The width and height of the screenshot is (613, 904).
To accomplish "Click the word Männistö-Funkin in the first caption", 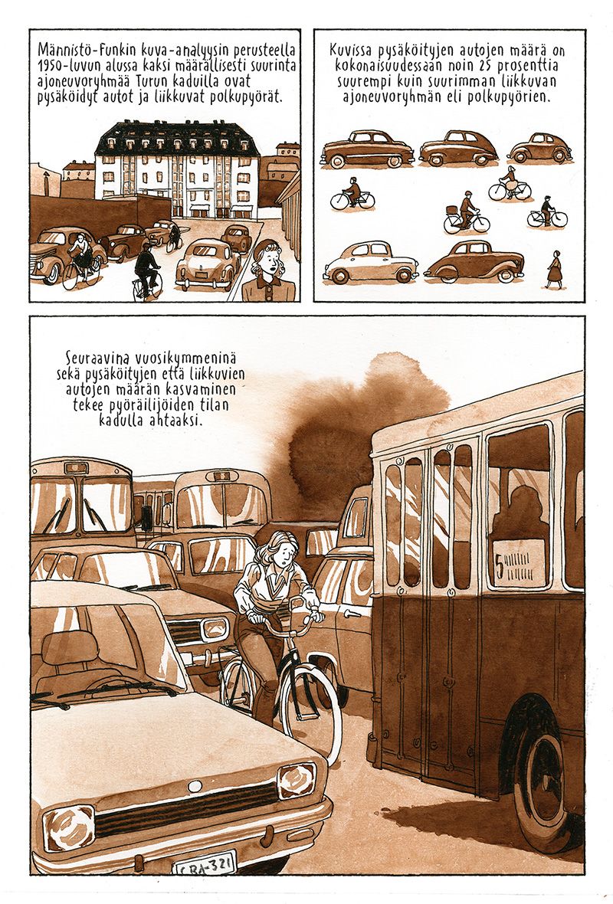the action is click(x=74, y=48).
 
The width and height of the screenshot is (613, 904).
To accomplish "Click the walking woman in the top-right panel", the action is click(x=554, y=269).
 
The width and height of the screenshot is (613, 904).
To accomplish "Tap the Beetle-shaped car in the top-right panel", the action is click(x=539, y=148).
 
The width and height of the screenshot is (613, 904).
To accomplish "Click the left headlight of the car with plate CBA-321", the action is click(x=68, y=827).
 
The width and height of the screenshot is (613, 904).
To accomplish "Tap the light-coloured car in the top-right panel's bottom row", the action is click(x=371, y=262).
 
